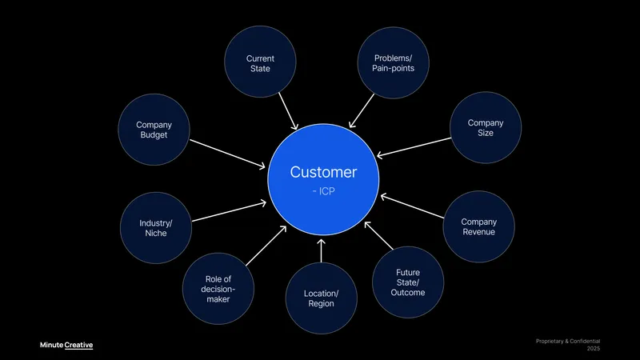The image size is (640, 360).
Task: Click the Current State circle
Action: pos(260,62)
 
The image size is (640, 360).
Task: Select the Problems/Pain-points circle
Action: pos(393,63)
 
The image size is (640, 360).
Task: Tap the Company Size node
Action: pos(486,127)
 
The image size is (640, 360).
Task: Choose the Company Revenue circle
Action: pos(478,226)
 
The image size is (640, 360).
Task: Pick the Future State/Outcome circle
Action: pos(408,282)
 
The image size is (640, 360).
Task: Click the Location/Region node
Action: pos(322,298)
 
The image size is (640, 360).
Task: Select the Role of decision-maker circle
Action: pos(218,289)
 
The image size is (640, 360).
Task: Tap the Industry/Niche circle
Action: pos(155,228)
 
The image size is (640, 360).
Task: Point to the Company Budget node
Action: pos(154,130)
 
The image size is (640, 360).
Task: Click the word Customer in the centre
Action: pos(323,172)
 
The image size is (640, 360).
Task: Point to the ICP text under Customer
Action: pos(324,191)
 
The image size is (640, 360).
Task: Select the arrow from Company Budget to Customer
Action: pos(227,154)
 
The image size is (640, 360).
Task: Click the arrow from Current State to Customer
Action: pos(288,111)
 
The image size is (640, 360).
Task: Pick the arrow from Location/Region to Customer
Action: pos(322,250)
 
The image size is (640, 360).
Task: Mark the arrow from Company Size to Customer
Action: pos(414,147)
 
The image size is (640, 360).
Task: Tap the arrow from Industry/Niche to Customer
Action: pos(229,211)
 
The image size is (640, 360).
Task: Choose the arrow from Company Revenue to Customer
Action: pos(412,206)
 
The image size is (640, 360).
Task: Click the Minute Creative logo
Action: pos(66,345)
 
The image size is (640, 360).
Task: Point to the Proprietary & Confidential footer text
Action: pos(568,341)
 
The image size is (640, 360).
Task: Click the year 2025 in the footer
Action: pos(594,349)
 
